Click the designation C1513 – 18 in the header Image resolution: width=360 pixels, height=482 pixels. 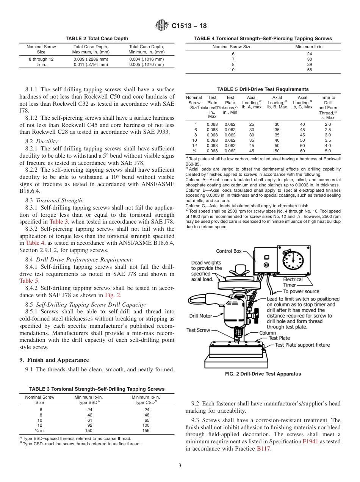189,26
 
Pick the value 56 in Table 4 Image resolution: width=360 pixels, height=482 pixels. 309,70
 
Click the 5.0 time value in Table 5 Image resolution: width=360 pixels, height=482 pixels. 328,151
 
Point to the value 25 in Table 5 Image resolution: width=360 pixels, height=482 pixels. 252,124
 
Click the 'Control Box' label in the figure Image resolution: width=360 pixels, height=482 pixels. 229,251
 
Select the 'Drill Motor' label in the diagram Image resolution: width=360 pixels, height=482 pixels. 201,316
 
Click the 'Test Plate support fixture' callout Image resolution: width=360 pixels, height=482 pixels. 302,345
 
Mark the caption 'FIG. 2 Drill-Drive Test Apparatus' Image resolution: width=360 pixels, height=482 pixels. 263,374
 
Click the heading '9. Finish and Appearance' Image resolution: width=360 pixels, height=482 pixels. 54,360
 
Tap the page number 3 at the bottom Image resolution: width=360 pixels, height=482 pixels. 180,466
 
